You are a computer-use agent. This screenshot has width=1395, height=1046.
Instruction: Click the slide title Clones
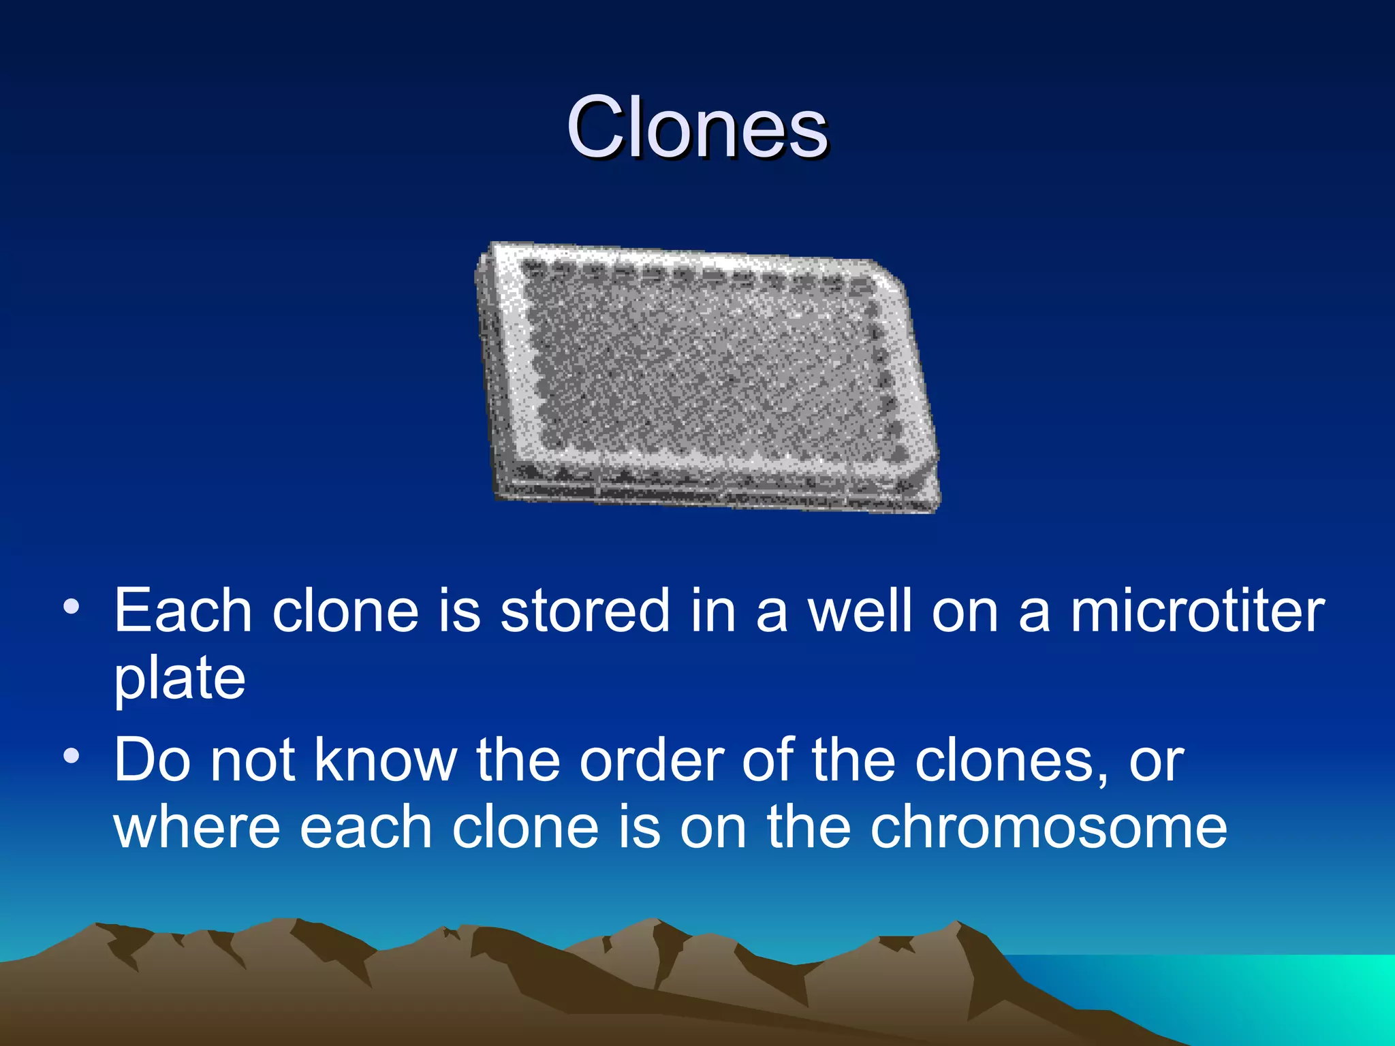[697, 127]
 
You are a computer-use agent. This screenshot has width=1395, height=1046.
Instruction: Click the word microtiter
[1197, 611]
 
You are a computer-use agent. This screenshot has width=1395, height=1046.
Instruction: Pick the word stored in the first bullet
[585, 611]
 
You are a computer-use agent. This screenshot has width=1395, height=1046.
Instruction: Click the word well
[860, 611]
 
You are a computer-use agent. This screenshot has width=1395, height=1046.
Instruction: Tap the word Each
[183, 611]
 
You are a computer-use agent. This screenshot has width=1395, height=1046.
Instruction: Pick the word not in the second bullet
[252, 760]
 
